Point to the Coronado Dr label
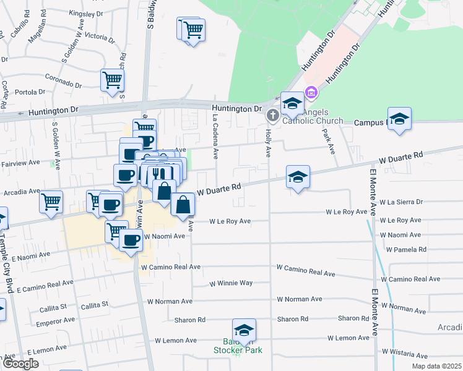(x=64, y=81)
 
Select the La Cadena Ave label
(x=215, y=133)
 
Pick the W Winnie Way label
(x=230, y=283)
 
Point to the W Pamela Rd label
(x=406, y=250)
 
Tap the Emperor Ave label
(x=56, y=322)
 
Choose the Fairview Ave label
(x=20, y=163)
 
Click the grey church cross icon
(x=272, y=116)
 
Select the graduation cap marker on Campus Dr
(x=400, y=119)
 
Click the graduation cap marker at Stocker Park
(x=244, y=330)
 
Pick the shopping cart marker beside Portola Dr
(x=112, y=80)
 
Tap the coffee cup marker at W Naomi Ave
(x=130, y=240)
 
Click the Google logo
(x=20, y=364)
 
